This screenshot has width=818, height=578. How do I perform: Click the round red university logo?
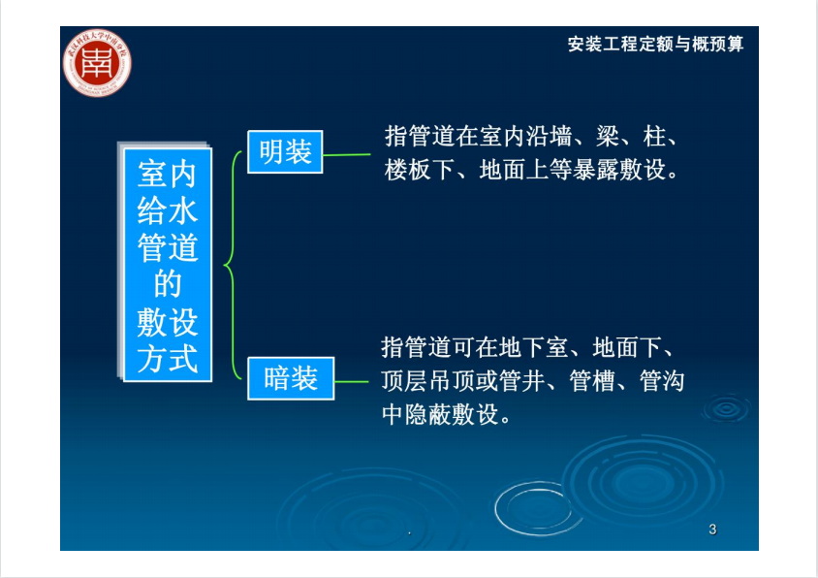pos(97,63)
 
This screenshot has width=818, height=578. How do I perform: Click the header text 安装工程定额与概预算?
pos(655,44)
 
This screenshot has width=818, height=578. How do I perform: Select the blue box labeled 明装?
pos(285,152)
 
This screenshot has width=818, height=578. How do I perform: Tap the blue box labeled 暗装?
pos(291,378)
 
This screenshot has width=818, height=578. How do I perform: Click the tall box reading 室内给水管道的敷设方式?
pos(168,265)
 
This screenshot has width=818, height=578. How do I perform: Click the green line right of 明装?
pos(346,154)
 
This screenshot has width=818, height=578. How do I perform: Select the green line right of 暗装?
pos(351,382)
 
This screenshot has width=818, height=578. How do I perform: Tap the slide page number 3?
pos(712,530)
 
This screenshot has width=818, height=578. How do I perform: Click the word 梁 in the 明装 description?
pos(608,137)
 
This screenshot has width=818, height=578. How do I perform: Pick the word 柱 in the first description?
pos(654,137)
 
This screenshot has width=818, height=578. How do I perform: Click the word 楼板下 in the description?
pos(420,170)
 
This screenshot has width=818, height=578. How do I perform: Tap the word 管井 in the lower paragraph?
pos(522,380)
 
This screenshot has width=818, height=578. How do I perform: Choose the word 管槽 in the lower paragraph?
pos(592,380)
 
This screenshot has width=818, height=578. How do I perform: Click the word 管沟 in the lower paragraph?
pos(663,380)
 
